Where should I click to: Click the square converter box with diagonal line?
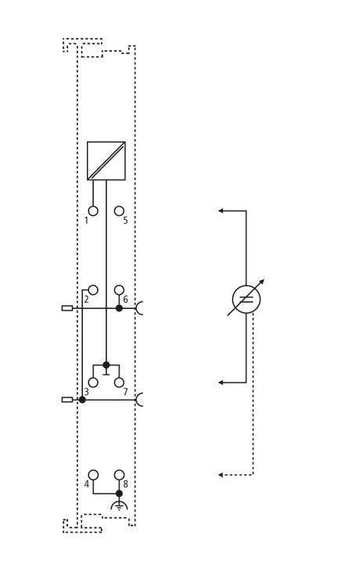tap(106, 160)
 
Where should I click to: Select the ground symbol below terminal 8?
tap(119, 505)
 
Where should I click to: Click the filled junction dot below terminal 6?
tap(119, 308)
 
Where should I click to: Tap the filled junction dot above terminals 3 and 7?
tap(106, 365)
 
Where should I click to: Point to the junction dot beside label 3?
tap(82, 400)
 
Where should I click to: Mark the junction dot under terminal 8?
tap(119, 494)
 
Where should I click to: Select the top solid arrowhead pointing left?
tap(221, 210)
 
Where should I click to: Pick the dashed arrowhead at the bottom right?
tap(221, 475)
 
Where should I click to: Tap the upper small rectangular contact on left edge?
tap(67, 308)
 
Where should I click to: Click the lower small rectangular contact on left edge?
tap(67, 400)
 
